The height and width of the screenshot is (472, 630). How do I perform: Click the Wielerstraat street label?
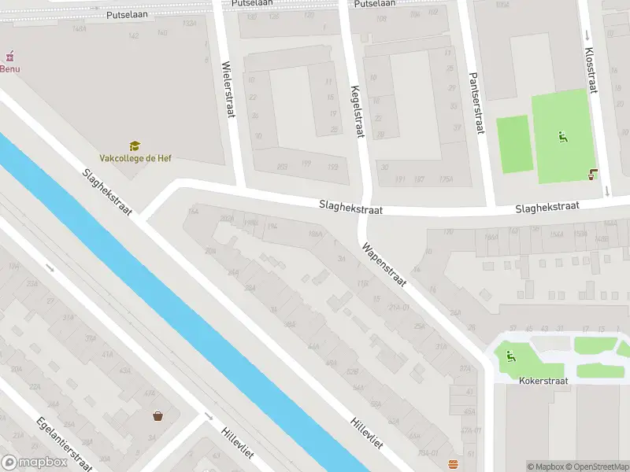(x=228, y=90)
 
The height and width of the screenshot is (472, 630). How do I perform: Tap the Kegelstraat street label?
(x=357, y=112)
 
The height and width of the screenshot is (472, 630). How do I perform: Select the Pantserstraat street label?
(x=475, y=104)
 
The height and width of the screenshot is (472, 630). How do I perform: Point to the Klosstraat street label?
(x=591, y=70)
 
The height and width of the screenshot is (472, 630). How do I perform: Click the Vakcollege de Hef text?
(x=135, y=158)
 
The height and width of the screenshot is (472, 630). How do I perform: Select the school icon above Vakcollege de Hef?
(x=135, y=146)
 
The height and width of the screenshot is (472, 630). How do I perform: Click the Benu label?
(x=10, y=68)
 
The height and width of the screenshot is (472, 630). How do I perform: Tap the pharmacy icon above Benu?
(x=9, y=57)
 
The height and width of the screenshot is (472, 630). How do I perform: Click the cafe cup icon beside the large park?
(x=593, y=175)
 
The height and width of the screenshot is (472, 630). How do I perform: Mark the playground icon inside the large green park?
(x=563, y=137)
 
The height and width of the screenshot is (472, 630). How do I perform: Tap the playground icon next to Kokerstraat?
(x=510, y=356)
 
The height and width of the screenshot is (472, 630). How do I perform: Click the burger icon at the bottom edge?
(x=452, y=464)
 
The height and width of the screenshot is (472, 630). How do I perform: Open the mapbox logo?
(x=35, y=463)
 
